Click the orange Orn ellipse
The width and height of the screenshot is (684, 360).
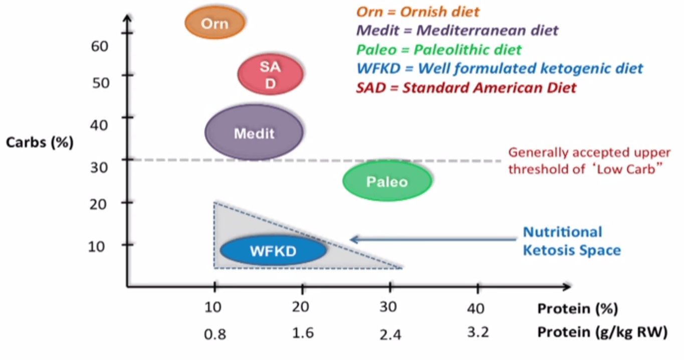click(214, 23)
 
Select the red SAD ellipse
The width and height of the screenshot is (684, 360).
click(270, 75)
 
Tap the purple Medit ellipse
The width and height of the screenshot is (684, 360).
click(254, 133)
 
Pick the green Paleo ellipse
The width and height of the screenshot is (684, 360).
click(387, 182)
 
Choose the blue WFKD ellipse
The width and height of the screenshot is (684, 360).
click(273, 250)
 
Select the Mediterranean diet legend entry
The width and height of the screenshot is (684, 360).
click(457, 30)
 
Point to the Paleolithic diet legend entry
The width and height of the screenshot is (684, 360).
click(439, 50)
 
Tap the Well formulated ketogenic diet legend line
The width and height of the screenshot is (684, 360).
click(499, 68)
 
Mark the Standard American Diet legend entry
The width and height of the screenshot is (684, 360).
click(466, 88)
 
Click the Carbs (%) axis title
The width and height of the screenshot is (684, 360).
click(40, 142)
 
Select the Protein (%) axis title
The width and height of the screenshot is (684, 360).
click(577, 308)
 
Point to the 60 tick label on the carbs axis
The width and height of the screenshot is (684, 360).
click(100, 46)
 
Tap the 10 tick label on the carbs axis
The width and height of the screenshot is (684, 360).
click(100, 246)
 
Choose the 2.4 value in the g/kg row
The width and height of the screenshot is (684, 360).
click(390, 333)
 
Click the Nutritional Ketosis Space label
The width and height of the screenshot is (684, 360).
click(571, 241)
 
